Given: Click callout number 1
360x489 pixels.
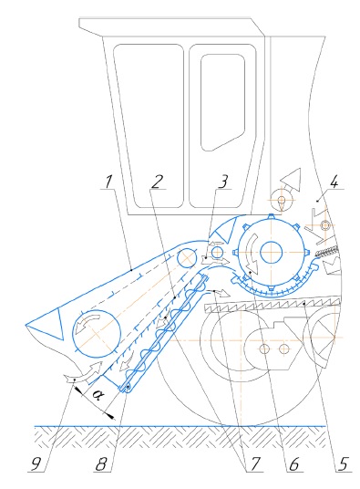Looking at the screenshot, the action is [108, 182].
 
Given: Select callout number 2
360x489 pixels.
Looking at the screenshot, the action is [158, 182].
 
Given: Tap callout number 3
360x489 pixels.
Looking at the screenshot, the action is [223, 182].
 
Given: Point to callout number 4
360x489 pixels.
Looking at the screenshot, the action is [334, 182].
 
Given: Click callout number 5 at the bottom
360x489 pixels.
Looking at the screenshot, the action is [342, 464].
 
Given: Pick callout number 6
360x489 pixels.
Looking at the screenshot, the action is [293, 464].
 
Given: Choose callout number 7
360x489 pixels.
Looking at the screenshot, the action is [255, 464].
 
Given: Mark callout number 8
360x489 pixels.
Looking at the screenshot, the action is [101, 464].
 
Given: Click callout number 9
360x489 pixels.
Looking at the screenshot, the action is [36, 464].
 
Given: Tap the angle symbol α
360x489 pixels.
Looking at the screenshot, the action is [98, 396].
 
